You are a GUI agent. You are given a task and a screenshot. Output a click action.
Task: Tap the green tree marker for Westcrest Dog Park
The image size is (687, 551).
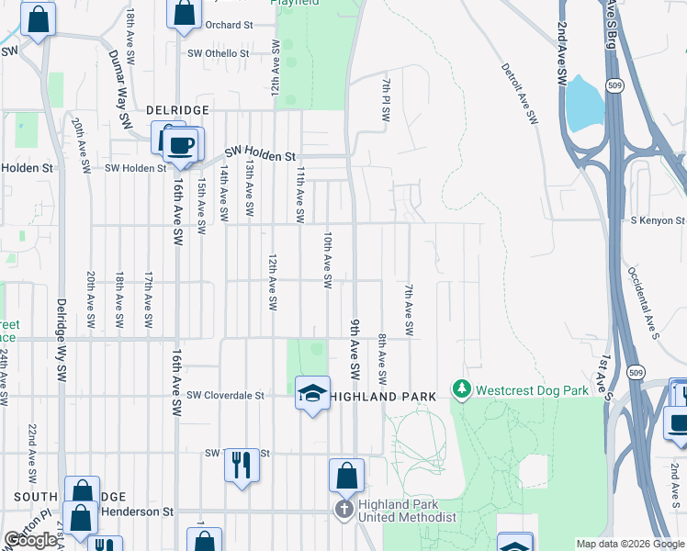tap(462, 390)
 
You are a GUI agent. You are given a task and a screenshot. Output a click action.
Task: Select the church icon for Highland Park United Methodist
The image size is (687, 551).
tap(343, 510)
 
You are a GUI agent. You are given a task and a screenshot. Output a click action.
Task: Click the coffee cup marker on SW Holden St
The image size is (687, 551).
tap(182, 143)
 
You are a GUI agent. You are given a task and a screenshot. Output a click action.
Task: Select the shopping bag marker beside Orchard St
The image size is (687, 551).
tap(184, 14)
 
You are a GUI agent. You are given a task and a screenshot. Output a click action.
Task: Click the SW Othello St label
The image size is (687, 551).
tap(218, 53)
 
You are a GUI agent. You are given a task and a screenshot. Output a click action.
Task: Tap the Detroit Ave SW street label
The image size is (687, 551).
tap(519, 93)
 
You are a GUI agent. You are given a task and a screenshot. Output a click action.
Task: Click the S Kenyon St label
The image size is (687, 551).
tap(658, 220)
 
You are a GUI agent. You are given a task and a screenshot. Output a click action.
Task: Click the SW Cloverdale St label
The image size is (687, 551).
tap(225, 396)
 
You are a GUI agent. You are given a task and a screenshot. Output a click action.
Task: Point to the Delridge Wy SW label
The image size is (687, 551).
tap(62, 340)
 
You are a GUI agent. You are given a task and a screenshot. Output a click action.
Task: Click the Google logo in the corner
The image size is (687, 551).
tap(30, 541)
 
